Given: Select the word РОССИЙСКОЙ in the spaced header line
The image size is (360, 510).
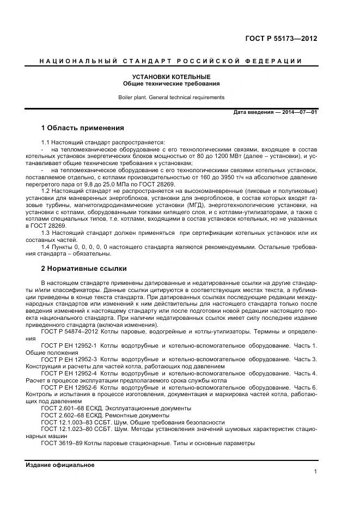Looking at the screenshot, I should tap(213, 61).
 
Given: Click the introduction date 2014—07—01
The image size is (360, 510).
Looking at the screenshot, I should tap(297, 112).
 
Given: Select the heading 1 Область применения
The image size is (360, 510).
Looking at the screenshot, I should tap(83, 128).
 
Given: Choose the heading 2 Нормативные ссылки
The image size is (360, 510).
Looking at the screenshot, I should tap(84, 268).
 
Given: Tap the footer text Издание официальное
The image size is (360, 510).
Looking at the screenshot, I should tap(60, 465).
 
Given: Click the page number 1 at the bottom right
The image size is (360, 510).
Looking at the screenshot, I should tap(315, 472).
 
